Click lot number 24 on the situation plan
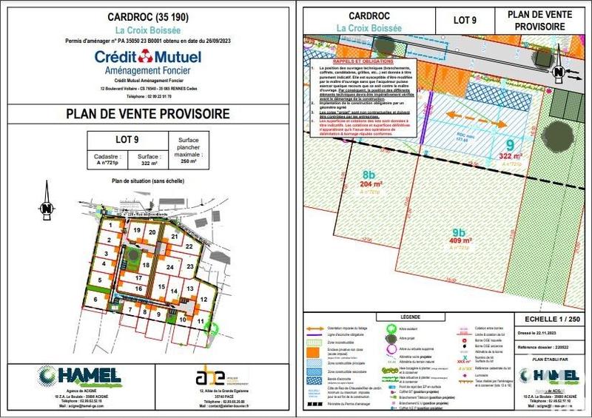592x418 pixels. tap(169, 267)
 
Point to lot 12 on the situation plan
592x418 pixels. tap(202, 299)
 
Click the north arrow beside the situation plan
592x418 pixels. tap(47, 208)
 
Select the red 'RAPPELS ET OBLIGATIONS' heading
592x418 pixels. tap(353, 61)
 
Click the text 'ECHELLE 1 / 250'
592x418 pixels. tap(547, 322)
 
